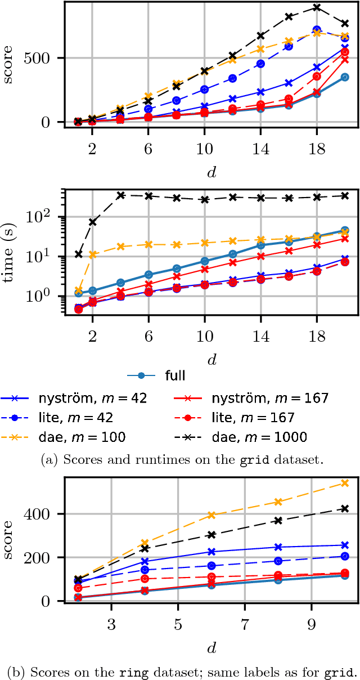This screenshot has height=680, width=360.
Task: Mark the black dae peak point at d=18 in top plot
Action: coord(317,7)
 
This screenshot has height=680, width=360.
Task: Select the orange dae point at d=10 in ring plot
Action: coord(345,483)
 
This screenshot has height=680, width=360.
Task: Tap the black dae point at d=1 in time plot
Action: coord(79,254)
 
